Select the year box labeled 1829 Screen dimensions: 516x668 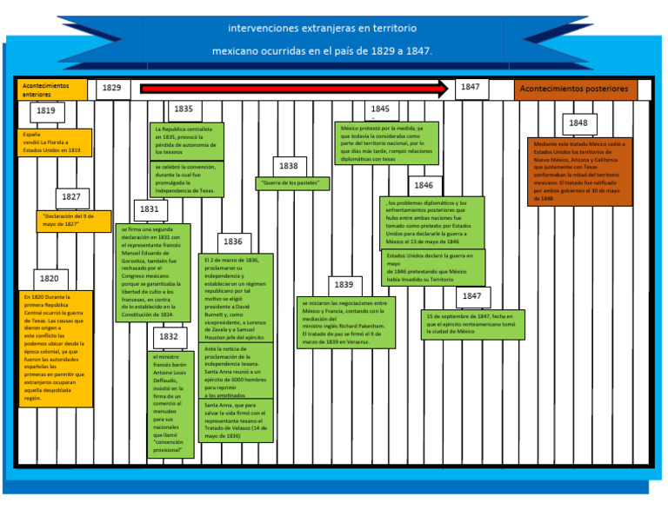tap(112, 89)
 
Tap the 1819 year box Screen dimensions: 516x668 tap(46, 111)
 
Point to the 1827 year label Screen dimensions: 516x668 tap(71, 197)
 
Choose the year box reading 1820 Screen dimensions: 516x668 tap(49, 279)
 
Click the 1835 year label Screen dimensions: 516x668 tap(184, 109)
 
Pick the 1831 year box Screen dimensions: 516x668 tap(149, 209)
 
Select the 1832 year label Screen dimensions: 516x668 tap(169, 337)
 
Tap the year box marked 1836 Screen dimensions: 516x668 tap(233, 242)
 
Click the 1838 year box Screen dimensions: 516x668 tap(289, 166)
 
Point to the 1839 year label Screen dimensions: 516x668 tap(344, 285)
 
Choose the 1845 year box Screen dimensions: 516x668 tap(380, 109)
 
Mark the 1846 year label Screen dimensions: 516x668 tap(424, 186)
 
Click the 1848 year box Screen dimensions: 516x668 tap(579, 123)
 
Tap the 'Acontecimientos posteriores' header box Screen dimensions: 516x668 tap(575, 89)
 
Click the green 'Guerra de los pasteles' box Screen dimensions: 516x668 tap(292, 183)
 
